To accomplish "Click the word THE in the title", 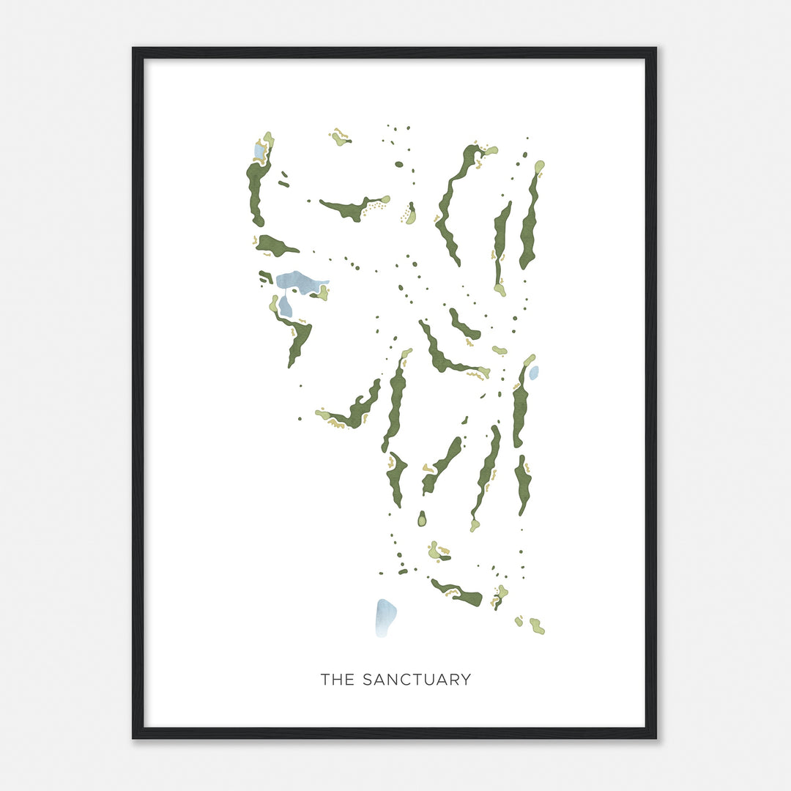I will pyautogui.click(x=338, y=680).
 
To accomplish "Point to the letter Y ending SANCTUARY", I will pyautogui.click(x=465, y=680).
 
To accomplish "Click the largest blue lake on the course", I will pyautogui.click(x=300, y=281).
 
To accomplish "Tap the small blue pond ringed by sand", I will pyautogui.click(x=259, y=151).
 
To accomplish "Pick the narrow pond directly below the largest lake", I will pyautogui.click(x=285, y=306).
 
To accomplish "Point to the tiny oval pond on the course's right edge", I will pyautogui.click(x=534, y=372).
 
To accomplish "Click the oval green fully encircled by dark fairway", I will pyautogui.click(x=422, y=520).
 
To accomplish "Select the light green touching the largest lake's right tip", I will pyautogui.click(x=321, y=292).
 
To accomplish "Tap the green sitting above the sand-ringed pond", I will pyautogui.click(x=269, y=138).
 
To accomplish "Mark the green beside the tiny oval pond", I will pyautogui.click(x=528, y=360).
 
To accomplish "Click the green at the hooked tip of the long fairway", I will pyautogui.click(x=490, y=150).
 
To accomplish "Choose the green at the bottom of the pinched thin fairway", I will pyautogui.click(x=500, y=290).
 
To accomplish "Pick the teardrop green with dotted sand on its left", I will pyautogui.click(x=411, y=215).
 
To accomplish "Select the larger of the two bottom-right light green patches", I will pyautogui.click(x=537, y=627).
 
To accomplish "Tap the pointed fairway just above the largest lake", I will pyautogui.click(x=275, y=246).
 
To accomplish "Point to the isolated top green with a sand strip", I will pyautogui.click(x=340, y=138).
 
